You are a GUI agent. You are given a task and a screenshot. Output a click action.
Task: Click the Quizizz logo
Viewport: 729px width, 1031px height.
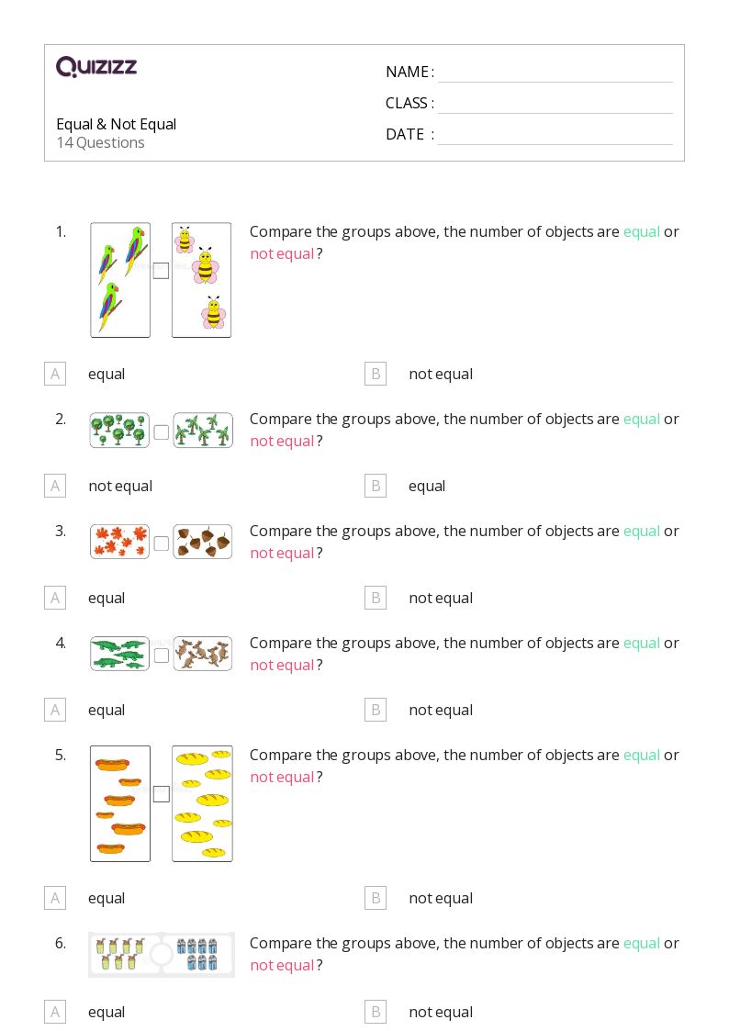click(x=96, y=67)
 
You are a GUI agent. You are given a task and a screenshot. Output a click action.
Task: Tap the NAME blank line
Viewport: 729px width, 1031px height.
click(x=555, y=73)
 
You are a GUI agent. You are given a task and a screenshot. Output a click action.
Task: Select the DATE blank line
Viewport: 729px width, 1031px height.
click(x=555, y=135)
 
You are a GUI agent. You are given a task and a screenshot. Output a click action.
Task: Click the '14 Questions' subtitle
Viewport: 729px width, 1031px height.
click(x=100, y=143)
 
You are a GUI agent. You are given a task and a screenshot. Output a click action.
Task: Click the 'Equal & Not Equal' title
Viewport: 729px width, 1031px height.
click(x=116, y=124)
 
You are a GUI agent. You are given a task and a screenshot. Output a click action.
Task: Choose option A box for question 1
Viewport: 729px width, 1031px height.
click(x=55, y=374)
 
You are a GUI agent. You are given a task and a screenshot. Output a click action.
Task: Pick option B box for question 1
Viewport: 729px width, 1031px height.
click(x=375, y=374)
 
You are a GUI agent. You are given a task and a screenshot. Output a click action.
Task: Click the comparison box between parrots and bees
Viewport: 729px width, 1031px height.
click(x=161, y=271)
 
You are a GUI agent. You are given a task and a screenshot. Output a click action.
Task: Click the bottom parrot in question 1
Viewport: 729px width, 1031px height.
click(x=110, y=306)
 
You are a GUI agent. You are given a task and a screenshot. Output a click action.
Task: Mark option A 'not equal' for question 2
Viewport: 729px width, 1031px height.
click(x=55, y=486)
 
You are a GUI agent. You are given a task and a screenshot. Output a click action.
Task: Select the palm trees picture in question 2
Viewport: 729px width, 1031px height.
click(x=203, y=431)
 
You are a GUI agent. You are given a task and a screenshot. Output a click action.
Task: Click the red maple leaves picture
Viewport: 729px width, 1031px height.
click(x=119, y=542)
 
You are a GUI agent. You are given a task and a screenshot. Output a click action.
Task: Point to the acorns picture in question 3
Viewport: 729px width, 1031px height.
click(x=203, y=542)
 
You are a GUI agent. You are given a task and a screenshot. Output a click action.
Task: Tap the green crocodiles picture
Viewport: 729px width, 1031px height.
click(x=119, y=654)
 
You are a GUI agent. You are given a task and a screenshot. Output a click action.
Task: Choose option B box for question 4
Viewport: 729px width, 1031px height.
click(x=375, y=710)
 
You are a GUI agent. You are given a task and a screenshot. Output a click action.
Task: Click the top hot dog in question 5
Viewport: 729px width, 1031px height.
click(x=111, y=763)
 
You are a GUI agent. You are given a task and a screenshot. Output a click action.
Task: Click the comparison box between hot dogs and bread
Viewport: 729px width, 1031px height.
click(x=161, y=794)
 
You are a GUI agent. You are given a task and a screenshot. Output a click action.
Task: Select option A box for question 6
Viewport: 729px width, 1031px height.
click(x=55, y=1012)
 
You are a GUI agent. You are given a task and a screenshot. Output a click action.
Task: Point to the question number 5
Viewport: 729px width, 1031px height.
click(x=61, y=755)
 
